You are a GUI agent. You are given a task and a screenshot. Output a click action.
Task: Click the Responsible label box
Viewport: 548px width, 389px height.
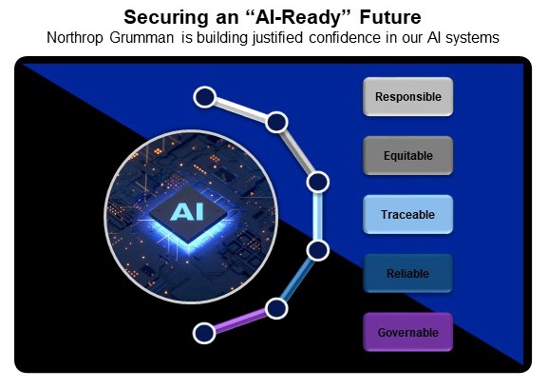point(407,97)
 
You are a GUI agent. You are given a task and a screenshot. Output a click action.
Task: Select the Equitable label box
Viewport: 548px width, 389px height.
point(407,156)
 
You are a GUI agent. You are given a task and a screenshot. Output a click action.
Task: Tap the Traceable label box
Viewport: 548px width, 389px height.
point(407,215)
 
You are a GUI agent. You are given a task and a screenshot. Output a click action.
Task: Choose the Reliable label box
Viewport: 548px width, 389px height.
point(407,274)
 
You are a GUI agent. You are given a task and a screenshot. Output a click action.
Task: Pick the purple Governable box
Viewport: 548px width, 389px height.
point(407,333)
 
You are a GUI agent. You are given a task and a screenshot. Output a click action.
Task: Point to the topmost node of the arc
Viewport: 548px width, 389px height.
point(203,96)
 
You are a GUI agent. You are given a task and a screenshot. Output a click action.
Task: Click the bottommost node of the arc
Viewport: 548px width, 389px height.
point(203,332)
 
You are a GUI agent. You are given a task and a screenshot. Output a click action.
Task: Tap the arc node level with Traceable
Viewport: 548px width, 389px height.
point(317,181)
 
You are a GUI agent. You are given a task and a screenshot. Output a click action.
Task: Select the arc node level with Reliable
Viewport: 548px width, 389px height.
point(317,250)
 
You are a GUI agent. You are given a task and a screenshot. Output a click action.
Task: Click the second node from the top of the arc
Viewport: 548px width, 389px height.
point(276,122)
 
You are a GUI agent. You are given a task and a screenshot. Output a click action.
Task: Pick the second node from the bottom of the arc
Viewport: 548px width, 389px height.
point(276,307)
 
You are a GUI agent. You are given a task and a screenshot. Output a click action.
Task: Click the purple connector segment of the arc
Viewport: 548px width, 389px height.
point(239,320)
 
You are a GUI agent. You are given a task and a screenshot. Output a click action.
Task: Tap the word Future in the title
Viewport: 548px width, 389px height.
point(392,17)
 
